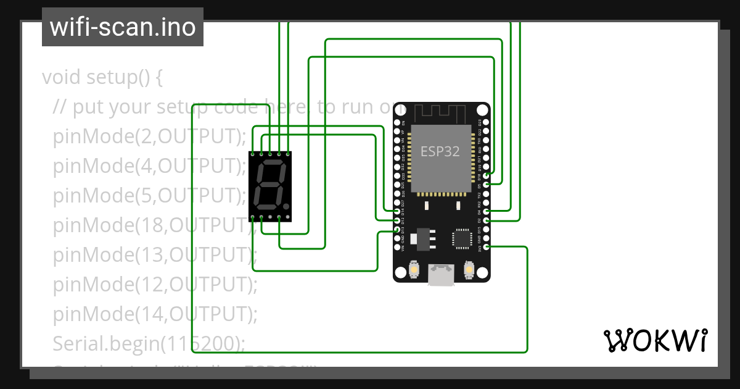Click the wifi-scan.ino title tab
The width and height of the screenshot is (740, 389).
[122, 27]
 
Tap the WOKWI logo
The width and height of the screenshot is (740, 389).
[655, 340]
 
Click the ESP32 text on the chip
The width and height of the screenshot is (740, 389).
[440, 151]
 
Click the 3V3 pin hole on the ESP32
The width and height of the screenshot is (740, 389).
[486, 247]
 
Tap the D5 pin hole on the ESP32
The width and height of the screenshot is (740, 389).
[486, 185]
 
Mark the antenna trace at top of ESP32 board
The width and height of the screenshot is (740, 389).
[440, 113]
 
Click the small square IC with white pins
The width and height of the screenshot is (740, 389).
[462, 238]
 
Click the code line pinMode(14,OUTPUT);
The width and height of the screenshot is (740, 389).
[155, 314]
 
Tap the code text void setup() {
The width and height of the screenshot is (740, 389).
[102, 78]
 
